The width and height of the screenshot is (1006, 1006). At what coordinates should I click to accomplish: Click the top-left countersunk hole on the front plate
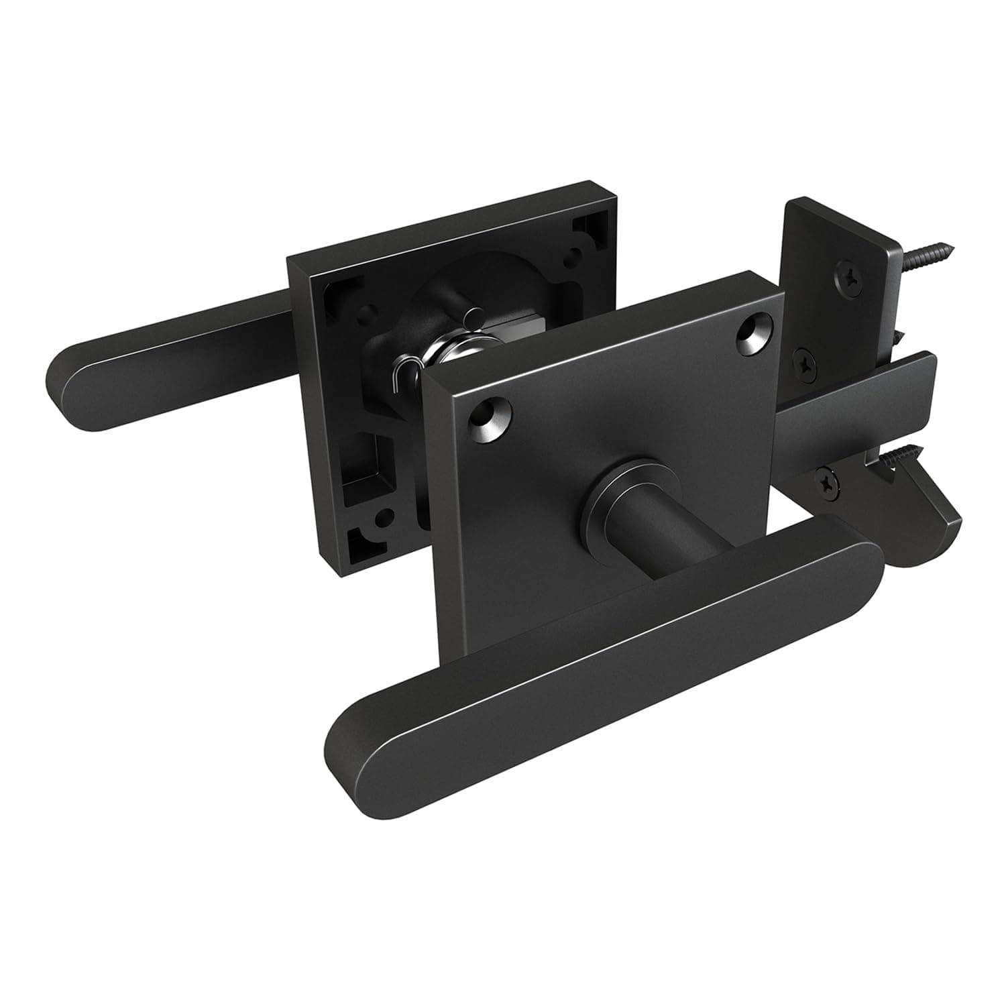tap(492, 418)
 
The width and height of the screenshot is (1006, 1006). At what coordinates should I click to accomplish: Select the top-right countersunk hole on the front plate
tap(752, 331)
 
